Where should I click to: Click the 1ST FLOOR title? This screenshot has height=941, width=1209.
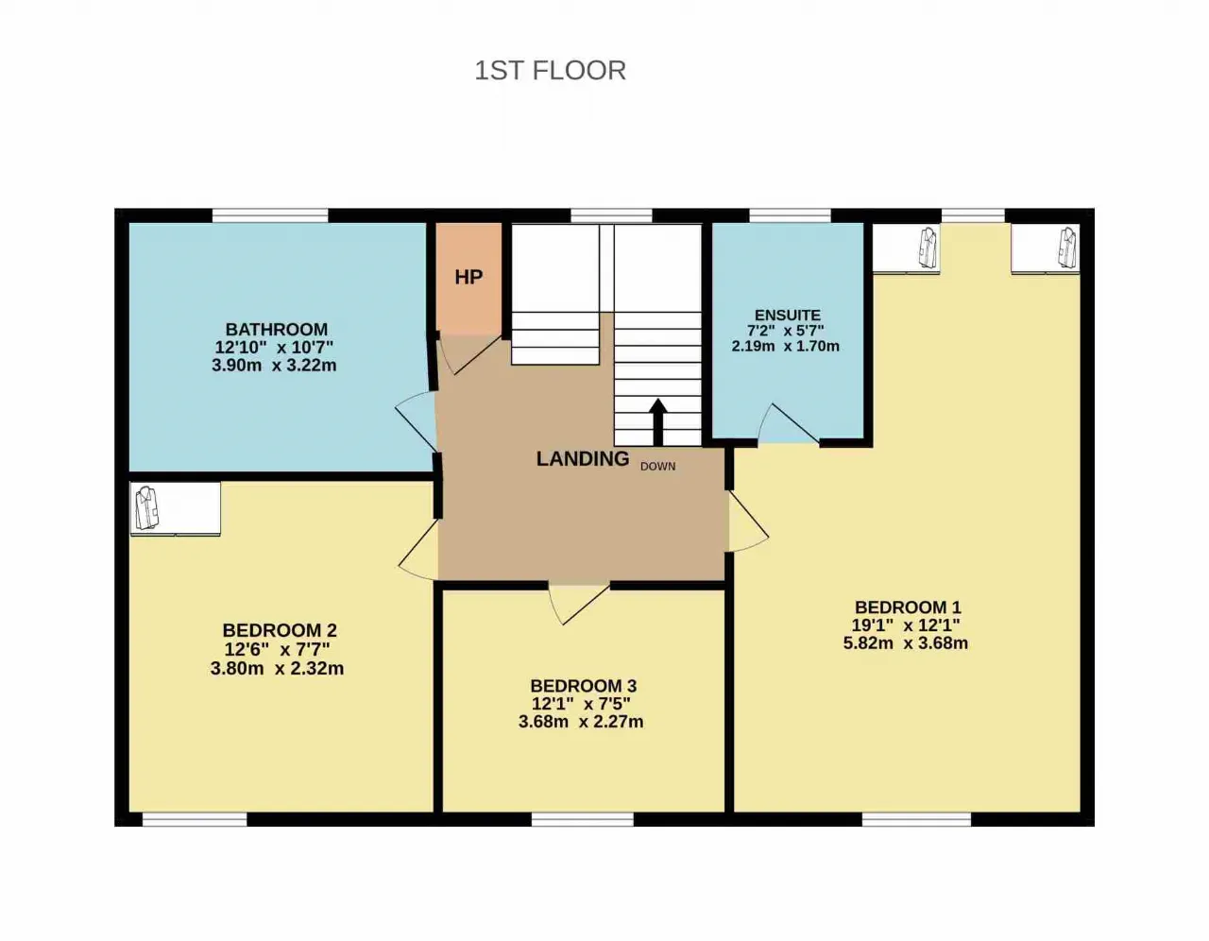tap(551, 71)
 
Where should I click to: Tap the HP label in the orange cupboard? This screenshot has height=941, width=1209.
tap(468, 277)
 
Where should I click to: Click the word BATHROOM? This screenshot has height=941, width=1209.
tap(277, 329)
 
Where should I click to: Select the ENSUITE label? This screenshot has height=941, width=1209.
tap(788, 315)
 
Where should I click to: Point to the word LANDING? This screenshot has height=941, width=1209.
tap(583, 458)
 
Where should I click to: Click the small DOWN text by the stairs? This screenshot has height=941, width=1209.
tap(657, 467)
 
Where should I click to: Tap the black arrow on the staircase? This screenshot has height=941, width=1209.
tap(658, 421)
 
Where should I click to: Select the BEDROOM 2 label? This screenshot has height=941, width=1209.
tap(280, 630)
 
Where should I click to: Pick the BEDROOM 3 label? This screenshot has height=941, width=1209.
tap(583, 685)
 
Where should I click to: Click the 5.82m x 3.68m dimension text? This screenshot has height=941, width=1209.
tap(905, 643)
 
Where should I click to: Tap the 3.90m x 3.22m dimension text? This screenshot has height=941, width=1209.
tap(274, 366)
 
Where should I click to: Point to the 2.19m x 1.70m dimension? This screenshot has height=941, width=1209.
tap(785, 346)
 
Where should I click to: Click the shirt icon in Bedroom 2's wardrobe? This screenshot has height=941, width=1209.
tap(147, 507)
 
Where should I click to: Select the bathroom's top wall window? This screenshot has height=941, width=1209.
tap(270, 215)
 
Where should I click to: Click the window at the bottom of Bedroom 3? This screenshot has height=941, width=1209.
tap(583, 819)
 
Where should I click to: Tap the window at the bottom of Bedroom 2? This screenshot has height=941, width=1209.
tap(195, 819)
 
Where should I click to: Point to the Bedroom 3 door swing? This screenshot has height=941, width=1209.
tap(579, 605)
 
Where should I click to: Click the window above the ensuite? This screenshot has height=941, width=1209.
tap(790, 215)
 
